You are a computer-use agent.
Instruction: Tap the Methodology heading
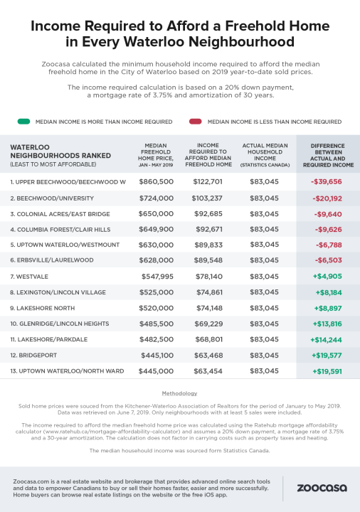(180, 392)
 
